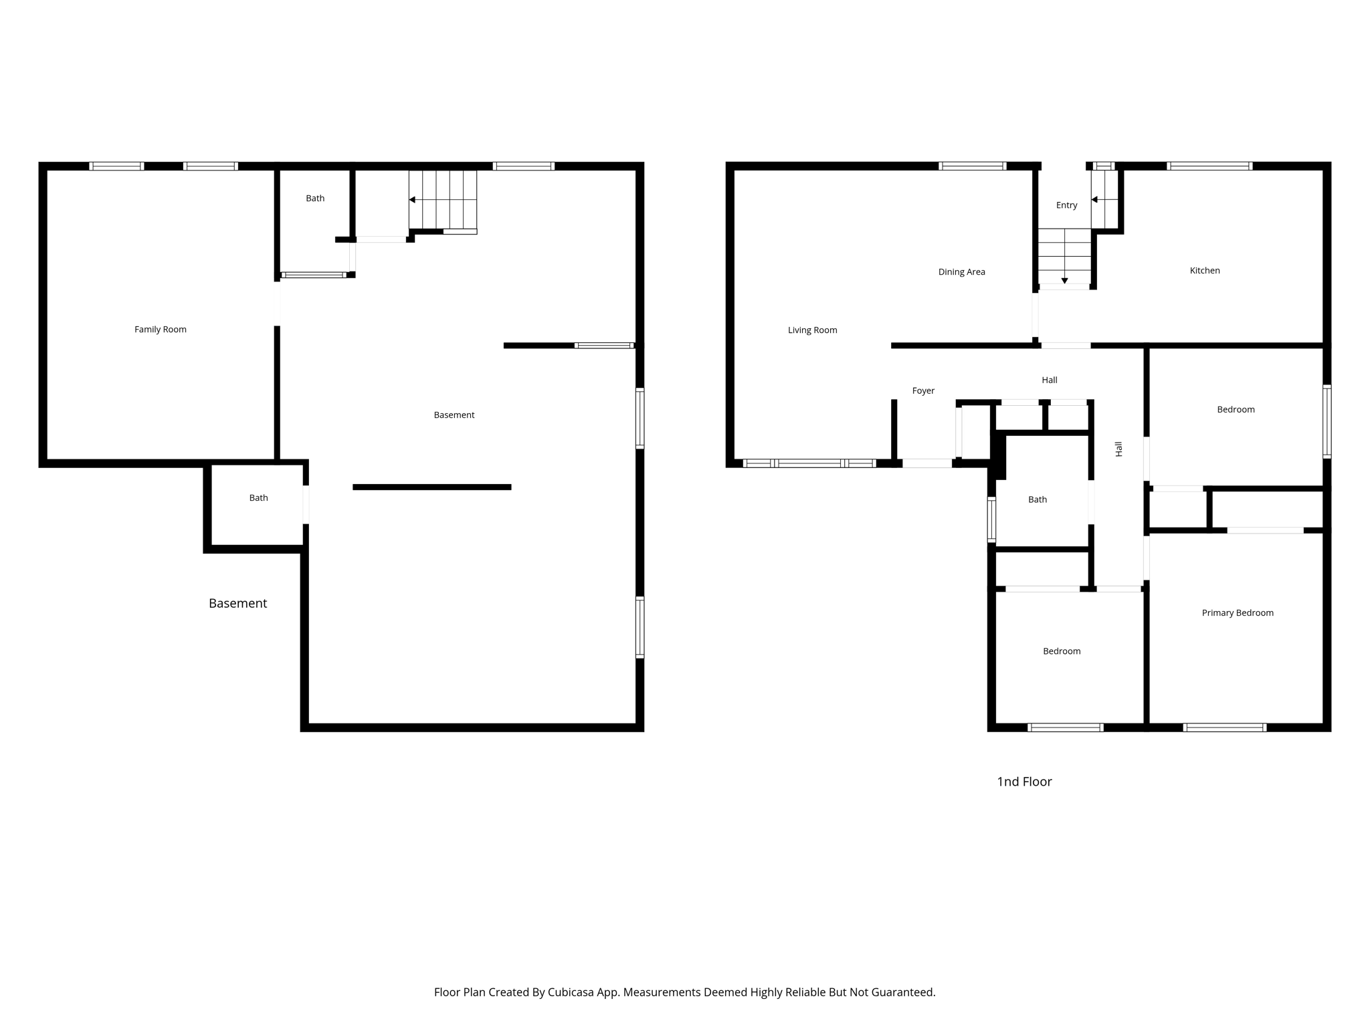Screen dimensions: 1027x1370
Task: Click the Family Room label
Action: click(161, 329)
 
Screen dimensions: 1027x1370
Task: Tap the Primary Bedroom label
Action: click(1237, 612)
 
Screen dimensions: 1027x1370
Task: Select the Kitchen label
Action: click(1204, 270)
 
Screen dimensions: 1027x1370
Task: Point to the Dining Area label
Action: click(961, 271)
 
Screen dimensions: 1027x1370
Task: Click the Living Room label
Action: click(812, 330)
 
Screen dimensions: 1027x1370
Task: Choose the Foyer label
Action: click(923, 390)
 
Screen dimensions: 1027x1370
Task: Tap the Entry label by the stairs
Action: click(1066, 205)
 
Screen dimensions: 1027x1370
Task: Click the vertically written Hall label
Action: click(1118, 449)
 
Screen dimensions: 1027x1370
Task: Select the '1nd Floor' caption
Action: click(1024, 782)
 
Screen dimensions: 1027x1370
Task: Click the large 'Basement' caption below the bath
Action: click(237, 603)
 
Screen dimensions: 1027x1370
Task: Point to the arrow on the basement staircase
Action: click(413, 200)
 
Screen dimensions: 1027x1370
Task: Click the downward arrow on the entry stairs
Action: click(1064, 281)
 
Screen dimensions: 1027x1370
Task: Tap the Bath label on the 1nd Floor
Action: click(1037, 499)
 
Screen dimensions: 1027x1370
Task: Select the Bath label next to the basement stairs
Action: click(315, 198)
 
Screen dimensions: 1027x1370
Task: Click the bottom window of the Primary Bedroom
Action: click(1224, 727)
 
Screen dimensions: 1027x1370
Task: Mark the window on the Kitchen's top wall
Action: click(1209, 166)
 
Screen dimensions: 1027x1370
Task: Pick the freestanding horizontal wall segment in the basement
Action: click(431, 487)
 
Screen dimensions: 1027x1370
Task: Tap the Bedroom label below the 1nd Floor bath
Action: click(1061, 651)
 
